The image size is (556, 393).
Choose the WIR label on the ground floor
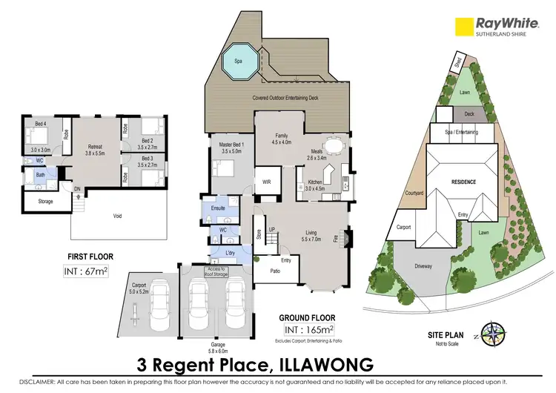[x=265, y=181]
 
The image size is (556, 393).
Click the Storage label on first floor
[x=44, y=201]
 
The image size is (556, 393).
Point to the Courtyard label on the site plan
[x=414, y=194]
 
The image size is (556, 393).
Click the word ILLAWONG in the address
[x=322, y=364]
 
